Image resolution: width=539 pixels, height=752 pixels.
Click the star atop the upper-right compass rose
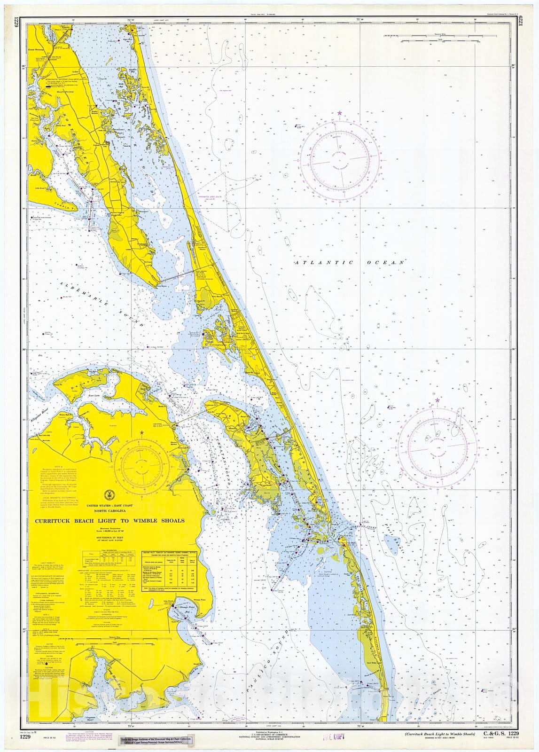339,113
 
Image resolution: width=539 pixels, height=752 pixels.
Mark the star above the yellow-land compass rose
142,432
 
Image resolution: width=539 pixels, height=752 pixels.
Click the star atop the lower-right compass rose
437,400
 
